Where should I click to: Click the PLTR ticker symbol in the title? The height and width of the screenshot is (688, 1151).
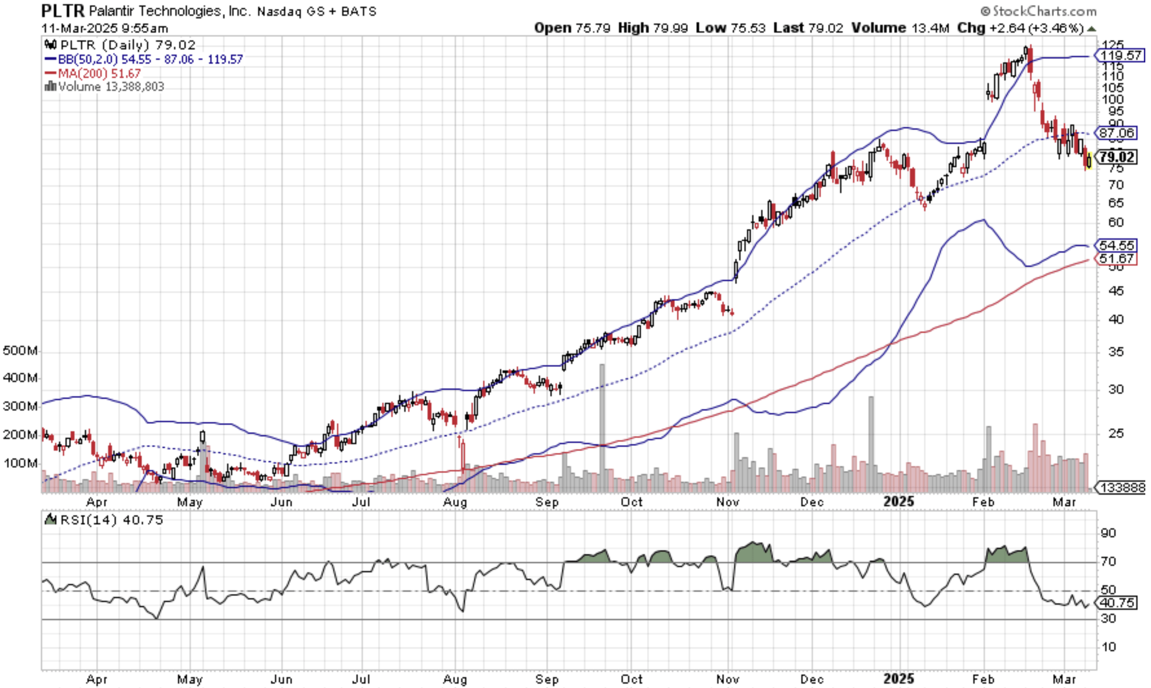pos(63,10)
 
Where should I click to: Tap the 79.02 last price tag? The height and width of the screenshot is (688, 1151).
pos(1117,157)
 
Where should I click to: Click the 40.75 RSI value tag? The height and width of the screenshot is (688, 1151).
pos(1117,603)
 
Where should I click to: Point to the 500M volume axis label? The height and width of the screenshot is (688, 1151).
pos(20,351)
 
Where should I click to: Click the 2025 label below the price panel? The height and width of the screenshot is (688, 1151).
pos(899,501)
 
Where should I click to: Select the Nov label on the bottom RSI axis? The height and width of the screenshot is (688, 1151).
pos(728,679)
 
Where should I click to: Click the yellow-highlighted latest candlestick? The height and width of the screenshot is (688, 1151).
pos(1089,161)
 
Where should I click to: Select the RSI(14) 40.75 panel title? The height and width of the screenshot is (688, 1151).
pos(111,520)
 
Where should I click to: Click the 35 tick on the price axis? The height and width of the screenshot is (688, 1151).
pos(1116,352)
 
